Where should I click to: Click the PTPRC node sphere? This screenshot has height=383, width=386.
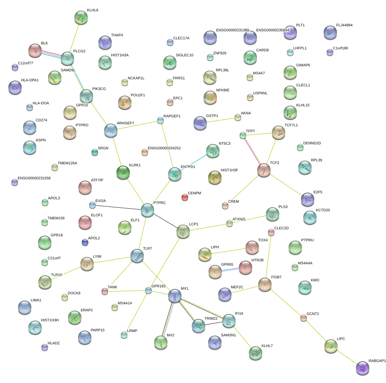pos(147,210)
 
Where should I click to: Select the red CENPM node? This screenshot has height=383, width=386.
pos(184,197)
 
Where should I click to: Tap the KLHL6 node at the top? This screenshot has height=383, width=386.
pos(81,17)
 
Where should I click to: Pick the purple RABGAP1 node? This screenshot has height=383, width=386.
pos(363,368)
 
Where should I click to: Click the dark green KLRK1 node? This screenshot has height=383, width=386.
pos(123,172)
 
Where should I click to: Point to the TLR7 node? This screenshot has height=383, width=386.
pos(137,256)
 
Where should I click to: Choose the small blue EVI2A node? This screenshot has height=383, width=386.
pos(92,205)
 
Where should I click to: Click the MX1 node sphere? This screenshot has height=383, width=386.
pos(175,296)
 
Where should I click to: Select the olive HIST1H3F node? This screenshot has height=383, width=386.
pos(215,177)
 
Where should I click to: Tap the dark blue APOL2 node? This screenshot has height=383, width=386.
pos(85,243)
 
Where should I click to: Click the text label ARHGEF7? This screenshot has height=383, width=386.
pos(125,123)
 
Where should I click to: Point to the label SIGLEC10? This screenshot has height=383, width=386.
pos(184,55)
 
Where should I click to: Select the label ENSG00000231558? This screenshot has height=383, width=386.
pos(34,178)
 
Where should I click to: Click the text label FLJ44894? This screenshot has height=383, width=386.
pos(344,25)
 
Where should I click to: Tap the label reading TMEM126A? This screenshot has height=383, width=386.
pos(67,163)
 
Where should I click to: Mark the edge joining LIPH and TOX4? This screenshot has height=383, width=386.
pos(228,251)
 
